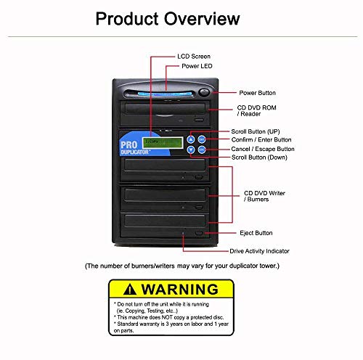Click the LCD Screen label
click(x=195, y=56)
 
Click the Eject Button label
click(x=256, y=233)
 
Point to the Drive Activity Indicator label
click(x=259, y=250)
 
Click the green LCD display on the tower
click(x=163, y=144)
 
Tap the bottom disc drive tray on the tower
click(x=166, y=222)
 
